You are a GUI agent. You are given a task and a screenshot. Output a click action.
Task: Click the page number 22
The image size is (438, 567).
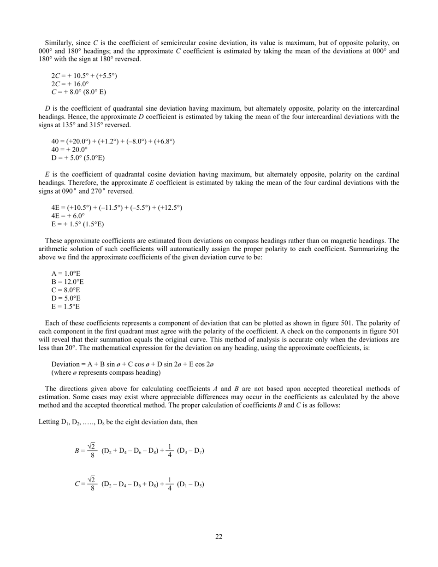[x=219, y=537]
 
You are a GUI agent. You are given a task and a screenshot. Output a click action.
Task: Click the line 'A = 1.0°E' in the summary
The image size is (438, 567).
[x=65, y=273]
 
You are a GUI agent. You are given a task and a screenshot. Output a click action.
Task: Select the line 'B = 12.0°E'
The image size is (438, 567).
[x=67, y=282]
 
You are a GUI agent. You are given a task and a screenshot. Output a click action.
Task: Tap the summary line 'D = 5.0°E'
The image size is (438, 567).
[x=65, y=298]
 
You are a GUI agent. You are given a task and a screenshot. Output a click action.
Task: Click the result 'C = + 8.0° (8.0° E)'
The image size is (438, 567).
[x=78, y=92]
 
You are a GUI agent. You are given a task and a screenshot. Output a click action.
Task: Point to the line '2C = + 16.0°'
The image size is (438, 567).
[x=70, y=83]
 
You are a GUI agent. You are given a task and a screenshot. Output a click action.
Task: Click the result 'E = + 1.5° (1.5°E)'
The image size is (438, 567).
[x=77, y=224]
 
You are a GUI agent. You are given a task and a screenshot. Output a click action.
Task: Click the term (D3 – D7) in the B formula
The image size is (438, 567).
[x=190, y=450]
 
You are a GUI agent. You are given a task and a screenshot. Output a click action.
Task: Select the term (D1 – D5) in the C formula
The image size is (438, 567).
[x=190, y=484]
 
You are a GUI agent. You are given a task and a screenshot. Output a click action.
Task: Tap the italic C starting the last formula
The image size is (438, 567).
[x=77, y=484]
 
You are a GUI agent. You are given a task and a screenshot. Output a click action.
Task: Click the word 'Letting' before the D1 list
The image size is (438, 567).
[x=48, y=422]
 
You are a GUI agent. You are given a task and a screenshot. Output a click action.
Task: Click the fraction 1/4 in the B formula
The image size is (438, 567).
[x=170, y=450]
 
